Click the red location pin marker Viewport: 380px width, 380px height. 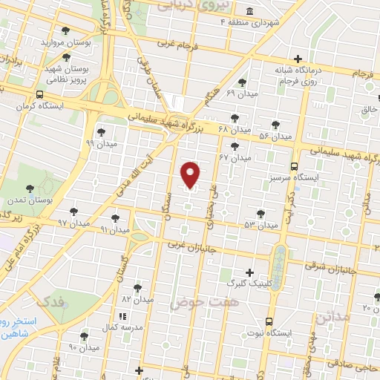[191, 173]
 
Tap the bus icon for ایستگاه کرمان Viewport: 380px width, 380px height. [39, 95]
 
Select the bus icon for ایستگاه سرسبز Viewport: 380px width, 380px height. [295, 166]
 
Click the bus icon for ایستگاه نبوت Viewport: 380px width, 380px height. [269, 322]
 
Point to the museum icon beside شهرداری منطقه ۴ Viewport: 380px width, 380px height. [248, 12]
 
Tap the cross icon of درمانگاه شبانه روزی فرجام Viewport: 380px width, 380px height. [298, 59]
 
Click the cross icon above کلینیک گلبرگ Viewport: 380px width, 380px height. [249, 272]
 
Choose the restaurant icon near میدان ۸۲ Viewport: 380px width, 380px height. [122, 317]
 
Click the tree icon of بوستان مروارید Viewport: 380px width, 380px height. [67, 31]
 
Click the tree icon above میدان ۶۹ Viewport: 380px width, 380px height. [242, 82]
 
